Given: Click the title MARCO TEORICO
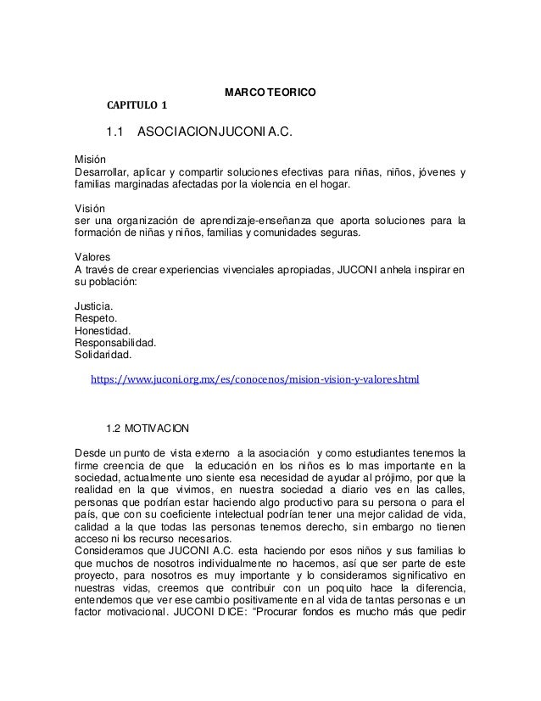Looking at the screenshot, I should pyautogui.click(x=270, y=91).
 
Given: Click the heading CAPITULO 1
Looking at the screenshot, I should pyautogui.click(x=137, y=106).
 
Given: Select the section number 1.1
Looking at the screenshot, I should pyautogui.click(x=114, y=132).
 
